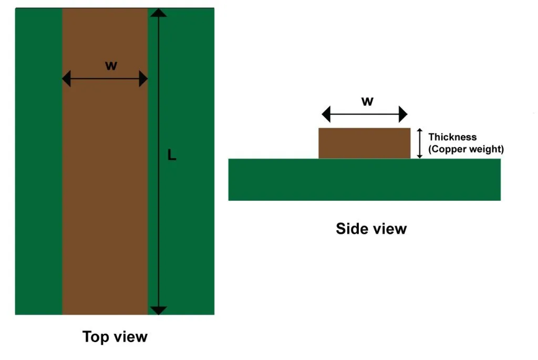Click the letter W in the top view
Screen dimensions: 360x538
tap(111, 66)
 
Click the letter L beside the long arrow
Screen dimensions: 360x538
tap(171, 155)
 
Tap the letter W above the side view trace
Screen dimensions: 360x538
tap(367, 101)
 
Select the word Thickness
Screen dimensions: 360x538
tap(452, 137)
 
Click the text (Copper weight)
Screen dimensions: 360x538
tap(466, 149)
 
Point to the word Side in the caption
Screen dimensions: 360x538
tap(350, 229)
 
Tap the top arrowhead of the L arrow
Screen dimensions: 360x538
tap(159, 13)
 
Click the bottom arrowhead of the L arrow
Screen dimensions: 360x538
tap(159, 310)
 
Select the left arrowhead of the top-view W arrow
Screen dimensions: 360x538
tap(67, 79)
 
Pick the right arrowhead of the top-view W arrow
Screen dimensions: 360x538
tap(143, 79)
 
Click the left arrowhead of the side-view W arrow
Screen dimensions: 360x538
tap(326, 114)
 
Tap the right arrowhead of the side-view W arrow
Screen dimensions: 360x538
tap(403, 114)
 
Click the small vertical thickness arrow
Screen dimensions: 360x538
tap(419, 143)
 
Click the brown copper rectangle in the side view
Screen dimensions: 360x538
tap(364, 143)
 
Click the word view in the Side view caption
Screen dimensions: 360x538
tap(390, 229)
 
